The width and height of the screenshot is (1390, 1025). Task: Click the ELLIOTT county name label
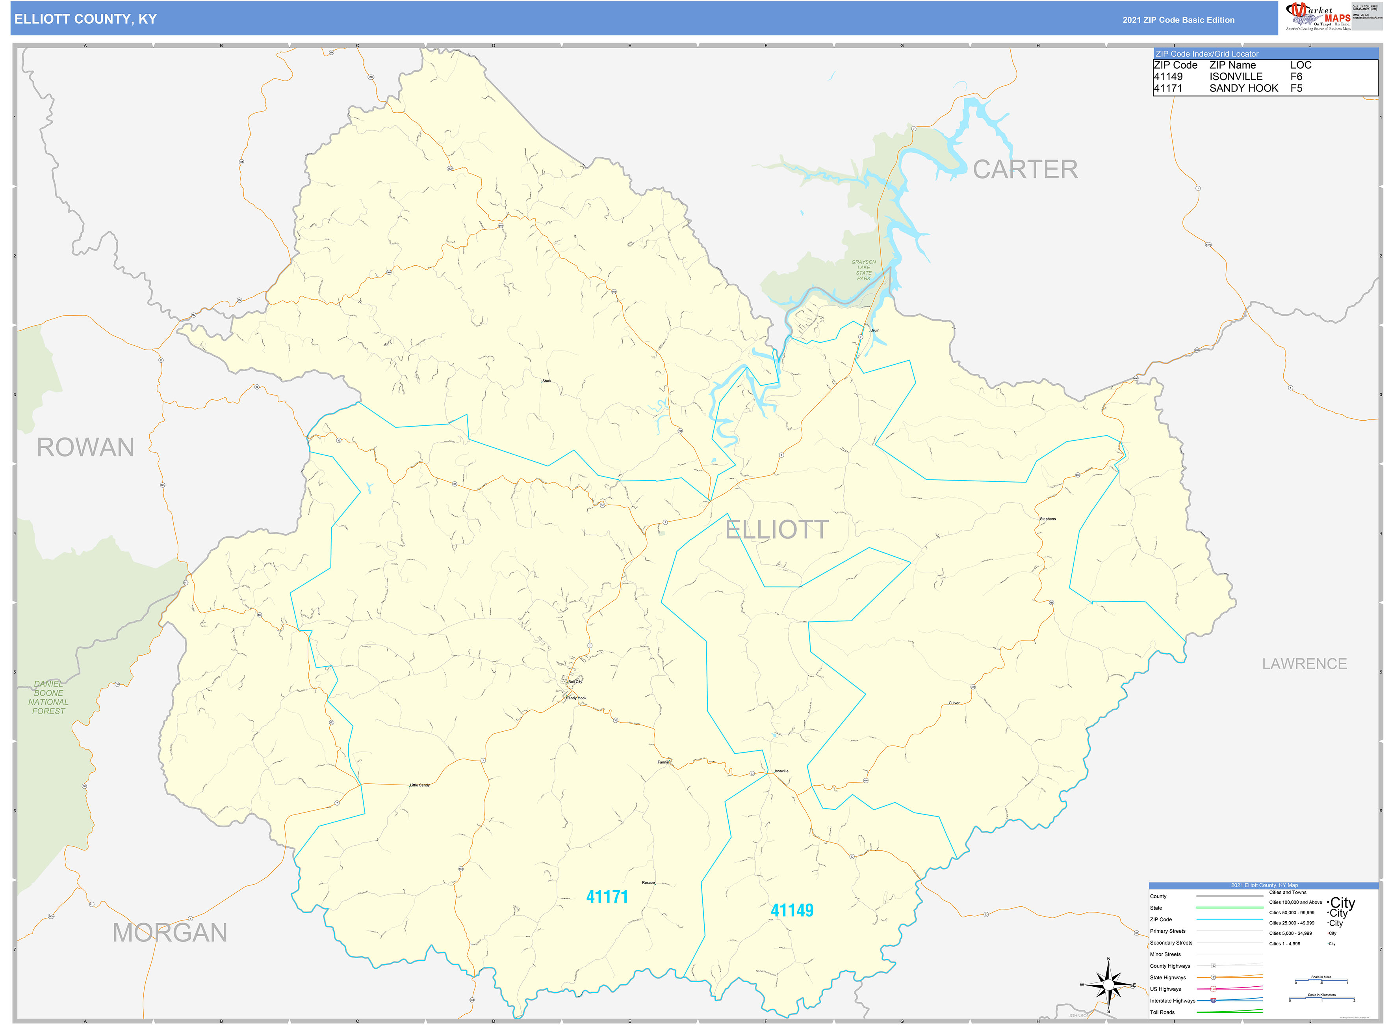coord(776,530)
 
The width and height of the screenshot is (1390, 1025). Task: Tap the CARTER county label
coord(1025,170)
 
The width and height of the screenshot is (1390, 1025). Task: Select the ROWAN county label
coord(85,447)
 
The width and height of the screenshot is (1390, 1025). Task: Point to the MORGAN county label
coord(170,932)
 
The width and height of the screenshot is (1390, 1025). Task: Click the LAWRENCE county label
coord(1304,664)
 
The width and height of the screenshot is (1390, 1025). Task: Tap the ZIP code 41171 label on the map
coord(607,896)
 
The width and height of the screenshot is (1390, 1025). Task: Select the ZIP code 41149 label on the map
coord(792,910)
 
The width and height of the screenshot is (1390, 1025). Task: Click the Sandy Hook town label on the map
coord(576,698)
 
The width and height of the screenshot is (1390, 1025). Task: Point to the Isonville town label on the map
coord(781,771)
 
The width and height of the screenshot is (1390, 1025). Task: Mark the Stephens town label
coord(1048,519)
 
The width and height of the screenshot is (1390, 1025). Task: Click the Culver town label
coord(954,703)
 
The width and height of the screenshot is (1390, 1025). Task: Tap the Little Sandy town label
coord(420,785)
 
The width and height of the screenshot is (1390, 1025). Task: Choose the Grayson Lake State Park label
coord(864,270)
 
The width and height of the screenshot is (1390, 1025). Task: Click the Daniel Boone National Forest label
coord(48,697)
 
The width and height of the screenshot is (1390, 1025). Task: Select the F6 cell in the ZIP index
coord(1296,77)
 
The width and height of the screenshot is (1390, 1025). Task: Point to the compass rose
coord(1108,985)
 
